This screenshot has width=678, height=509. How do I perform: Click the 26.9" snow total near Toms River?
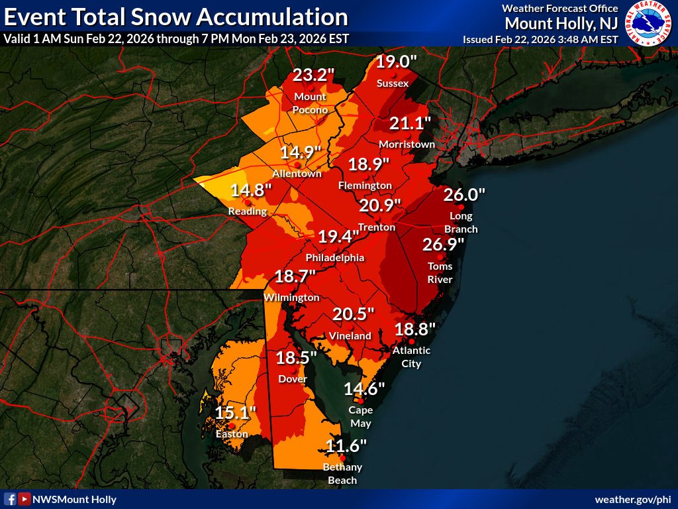click(443, 245)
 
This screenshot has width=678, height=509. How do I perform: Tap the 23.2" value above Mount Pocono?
click(313, 75)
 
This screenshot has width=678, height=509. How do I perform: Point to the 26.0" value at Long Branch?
click(464, 195)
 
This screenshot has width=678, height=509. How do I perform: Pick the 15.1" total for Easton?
click(235, 414)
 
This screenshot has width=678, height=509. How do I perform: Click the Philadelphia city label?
click(334, 257)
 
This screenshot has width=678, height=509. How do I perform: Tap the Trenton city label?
click(376, 227)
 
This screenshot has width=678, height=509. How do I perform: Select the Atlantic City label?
click(411, 357)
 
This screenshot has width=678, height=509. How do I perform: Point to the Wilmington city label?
click(291, 298)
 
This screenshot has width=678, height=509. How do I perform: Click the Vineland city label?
click(350, 336)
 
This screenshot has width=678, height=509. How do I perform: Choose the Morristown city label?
click(407, 144)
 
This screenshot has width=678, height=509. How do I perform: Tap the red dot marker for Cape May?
click(360, 401)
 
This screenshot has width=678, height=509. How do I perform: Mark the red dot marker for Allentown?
click(298, 164)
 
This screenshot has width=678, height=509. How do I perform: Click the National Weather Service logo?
click(650, 23)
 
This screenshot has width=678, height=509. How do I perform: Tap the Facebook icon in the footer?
click(10, 499)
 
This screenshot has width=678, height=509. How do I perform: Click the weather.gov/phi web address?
click(634, 499)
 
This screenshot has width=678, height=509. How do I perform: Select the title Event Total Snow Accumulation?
click(176, 16)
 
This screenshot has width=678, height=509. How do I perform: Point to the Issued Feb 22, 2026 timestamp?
click(540, 39)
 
